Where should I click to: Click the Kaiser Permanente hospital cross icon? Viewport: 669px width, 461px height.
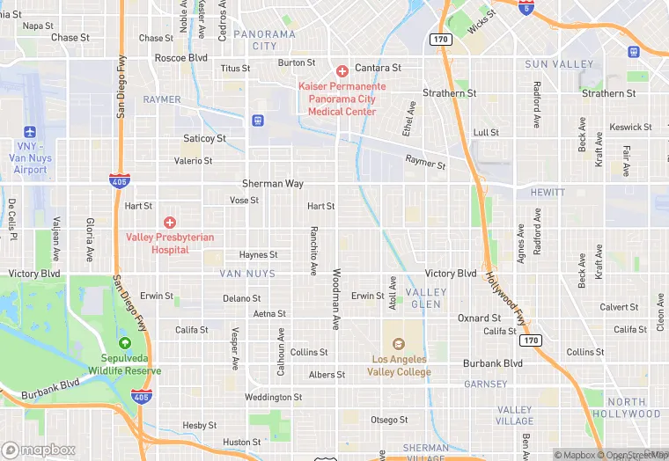pos(342,70)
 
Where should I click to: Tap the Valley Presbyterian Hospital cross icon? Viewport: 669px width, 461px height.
pos(170,223)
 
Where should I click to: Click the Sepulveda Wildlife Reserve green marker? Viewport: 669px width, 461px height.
pos(124,343)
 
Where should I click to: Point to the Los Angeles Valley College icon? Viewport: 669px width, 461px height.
pos(397,344)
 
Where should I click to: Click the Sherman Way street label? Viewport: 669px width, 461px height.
pos(273,184)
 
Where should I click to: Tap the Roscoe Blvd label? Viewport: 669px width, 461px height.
pos(180,57)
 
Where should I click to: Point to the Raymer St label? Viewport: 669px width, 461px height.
pos(426,161)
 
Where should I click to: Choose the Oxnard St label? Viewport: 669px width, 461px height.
pos(479,318)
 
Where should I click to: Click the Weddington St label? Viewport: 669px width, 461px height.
pos(273,398)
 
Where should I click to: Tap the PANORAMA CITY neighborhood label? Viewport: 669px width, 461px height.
pos(265,40)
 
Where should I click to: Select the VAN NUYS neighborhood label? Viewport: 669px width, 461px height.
pos(248,274)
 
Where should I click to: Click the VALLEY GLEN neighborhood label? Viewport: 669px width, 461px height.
pos(426,297)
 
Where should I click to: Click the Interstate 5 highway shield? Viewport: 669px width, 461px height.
pos(526,8)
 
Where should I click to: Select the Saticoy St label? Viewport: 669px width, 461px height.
pos(204,138)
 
